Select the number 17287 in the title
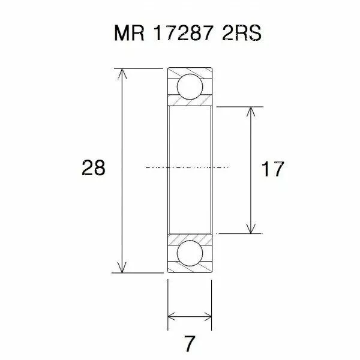pos(181,34)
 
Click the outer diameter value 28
pos(94,169)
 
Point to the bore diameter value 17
pos(272,169)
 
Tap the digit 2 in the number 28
pos(87,169)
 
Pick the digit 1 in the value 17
pos(265,169)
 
